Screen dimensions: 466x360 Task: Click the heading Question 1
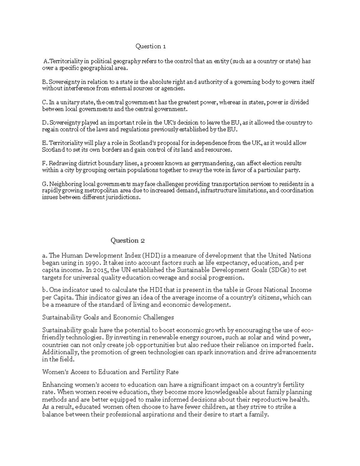coord(151,46)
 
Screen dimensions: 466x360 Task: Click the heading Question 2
coord(128,240)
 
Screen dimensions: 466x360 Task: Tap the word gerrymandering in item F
coord(214,164)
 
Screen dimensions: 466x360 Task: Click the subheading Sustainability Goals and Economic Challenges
coord(108,317)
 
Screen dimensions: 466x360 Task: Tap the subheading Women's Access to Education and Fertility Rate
coord(110,372)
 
